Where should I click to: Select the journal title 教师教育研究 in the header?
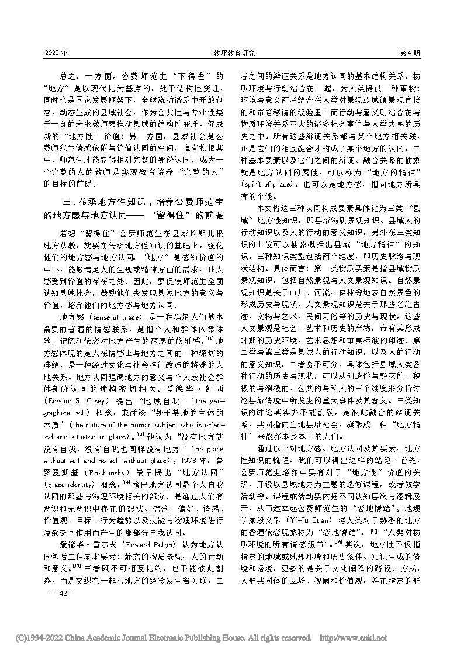pos(231,53)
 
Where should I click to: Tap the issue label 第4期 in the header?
pos(409,53)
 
